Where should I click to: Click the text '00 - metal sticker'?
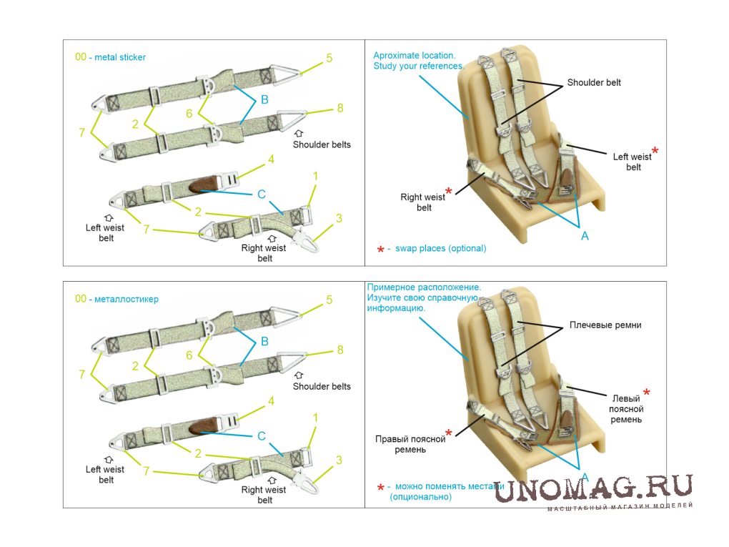[x=110, y=57]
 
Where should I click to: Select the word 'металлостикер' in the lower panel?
[x=127, y=299]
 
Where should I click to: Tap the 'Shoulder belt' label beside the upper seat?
[x=594, y=82]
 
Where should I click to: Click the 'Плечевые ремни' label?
[x=604, y=325]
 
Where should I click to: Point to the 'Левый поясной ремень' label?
[x=626, y=408]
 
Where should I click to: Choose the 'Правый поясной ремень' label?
[x=410, y=444]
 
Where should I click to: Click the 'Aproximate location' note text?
[x=414, y=55]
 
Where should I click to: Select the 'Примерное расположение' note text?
[x=424, y=287]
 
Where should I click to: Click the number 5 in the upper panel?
[x=329, y=59]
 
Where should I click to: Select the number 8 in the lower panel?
[x=339, y=350]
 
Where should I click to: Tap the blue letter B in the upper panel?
[x=264, y=100]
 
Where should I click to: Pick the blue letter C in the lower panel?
[x=262, y=436]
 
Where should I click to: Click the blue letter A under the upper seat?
[x=585, y=236]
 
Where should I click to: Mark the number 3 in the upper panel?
[x=339, y=218]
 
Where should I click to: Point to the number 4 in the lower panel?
[x=271, y=402]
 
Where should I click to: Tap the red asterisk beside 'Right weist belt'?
[x=449, y=191]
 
